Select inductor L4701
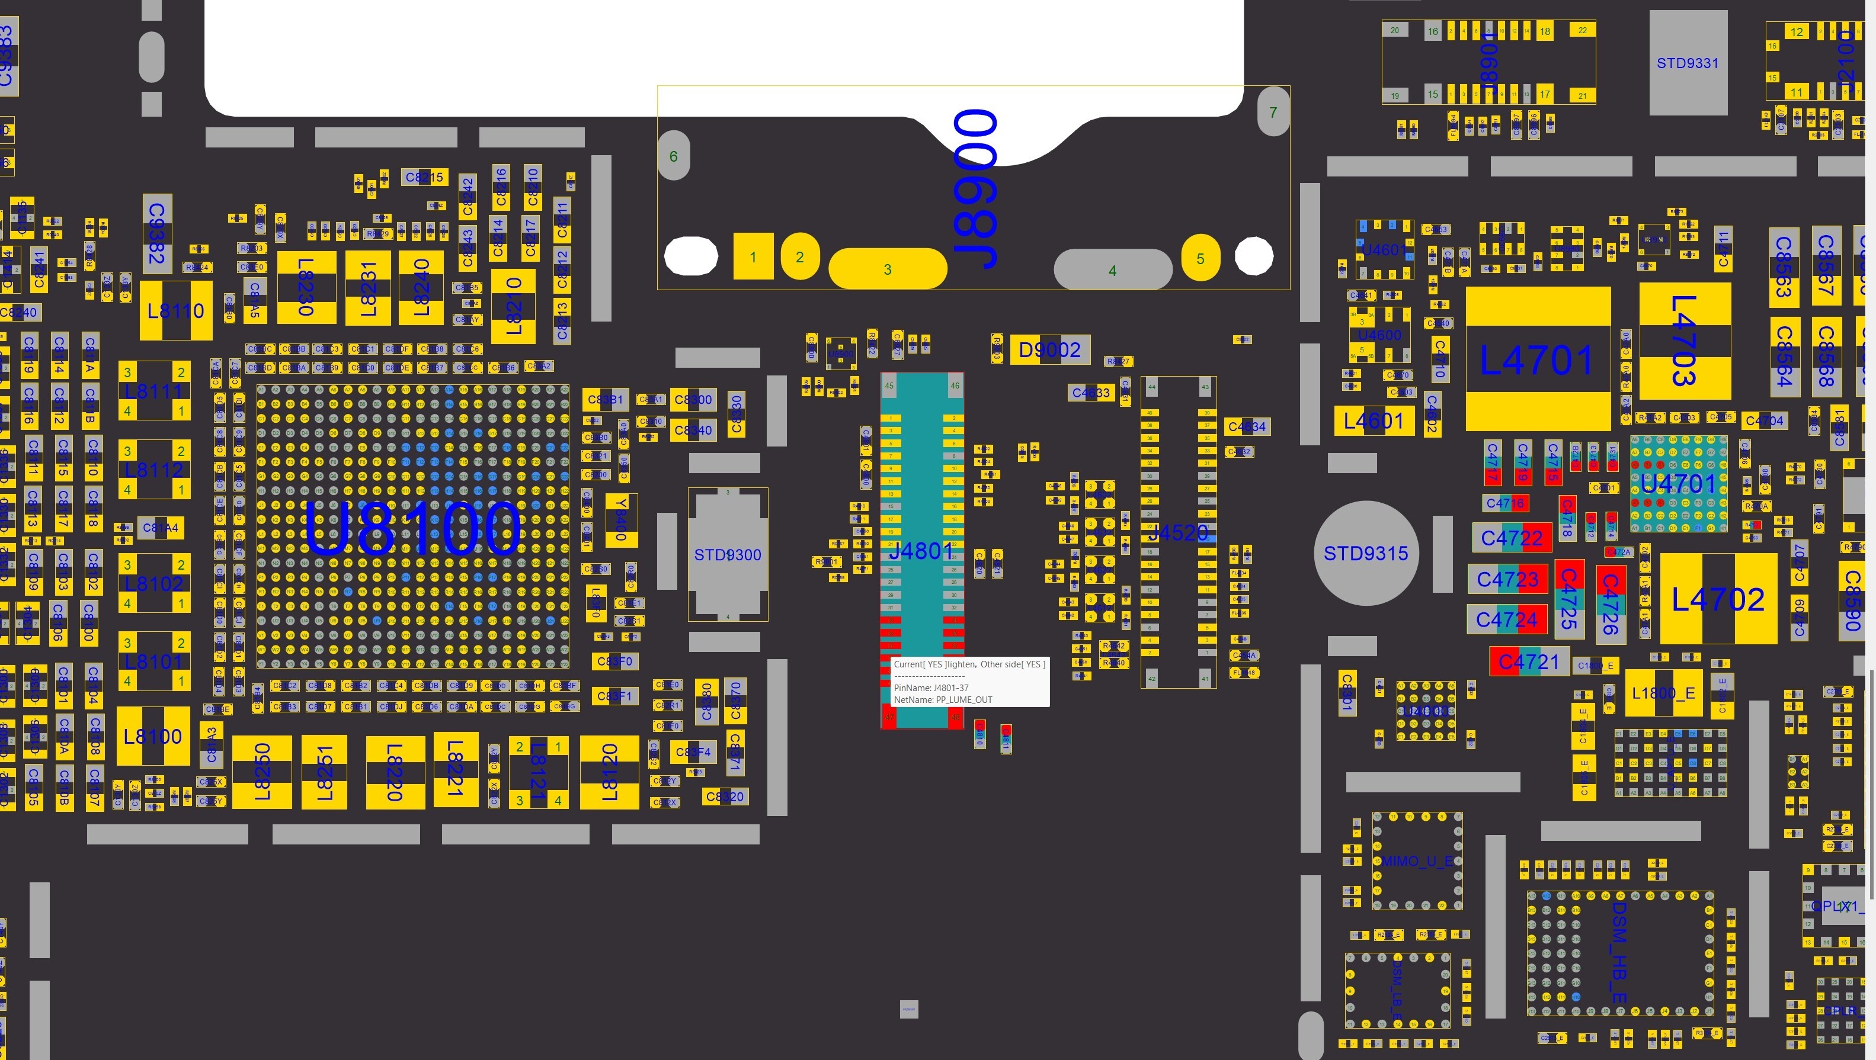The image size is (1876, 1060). tap(1537, 359)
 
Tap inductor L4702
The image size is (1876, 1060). tap(1718, 599)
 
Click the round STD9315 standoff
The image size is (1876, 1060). tap(1365, 553)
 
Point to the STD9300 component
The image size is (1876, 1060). tap(728, 555)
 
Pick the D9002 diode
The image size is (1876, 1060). tap(1049, 350)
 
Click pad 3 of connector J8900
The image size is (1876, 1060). tap(887, 269)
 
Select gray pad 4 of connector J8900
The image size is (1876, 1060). tap(1112, 270)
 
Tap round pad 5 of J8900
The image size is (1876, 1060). tap(1200, 258)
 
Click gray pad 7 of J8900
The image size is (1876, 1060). tap(1273, 112)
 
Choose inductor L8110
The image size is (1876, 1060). tap(175, 311)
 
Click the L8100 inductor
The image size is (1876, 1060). tap(153, 736)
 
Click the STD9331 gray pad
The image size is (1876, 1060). tap(1688, 63)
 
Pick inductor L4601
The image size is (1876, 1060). tap(1374, 421)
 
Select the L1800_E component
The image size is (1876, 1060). tap(1663, 693)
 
